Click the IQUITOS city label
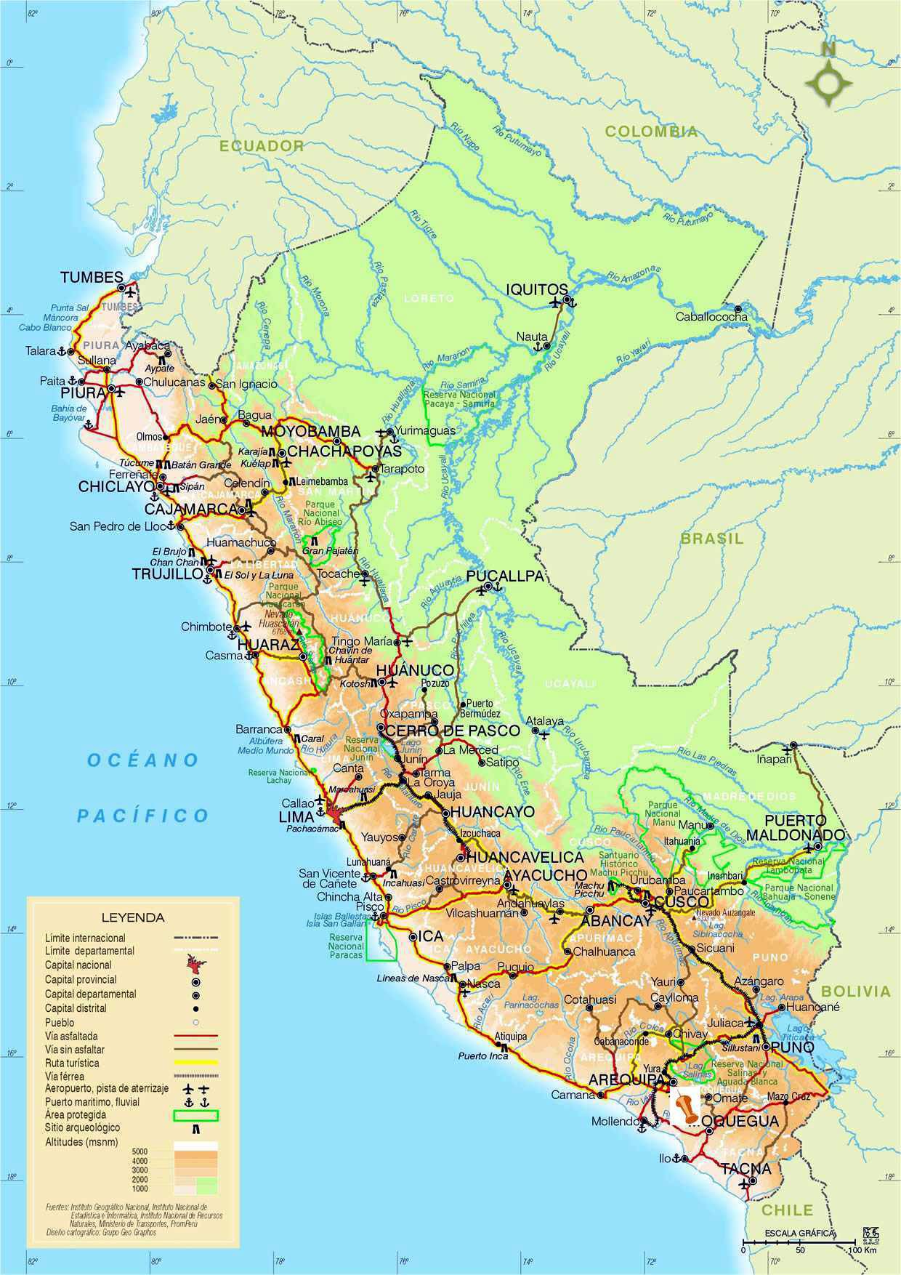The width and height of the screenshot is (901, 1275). click(536, 289)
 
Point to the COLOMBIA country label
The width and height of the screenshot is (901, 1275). click(651, 132)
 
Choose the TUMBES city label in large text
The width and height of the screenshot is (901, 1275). click(92, 277)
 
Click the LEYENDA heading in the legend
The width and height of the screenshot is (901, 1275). click(133, 917)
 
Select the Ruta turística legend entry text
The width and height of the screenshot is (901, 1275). click(72, 1063)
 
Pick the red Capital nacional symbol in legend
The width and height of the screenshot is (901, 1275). click(195, 966)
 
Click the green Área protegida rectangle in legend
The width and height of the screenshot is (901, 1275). click(195, 1115)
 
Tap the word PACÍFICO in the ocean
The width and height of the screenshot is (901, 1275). click(143, 816)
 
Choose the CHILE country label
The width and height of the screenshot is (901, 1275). click(788, 1210)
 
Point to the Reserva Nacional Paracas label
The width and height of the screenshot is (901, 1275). click(346, 946)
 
